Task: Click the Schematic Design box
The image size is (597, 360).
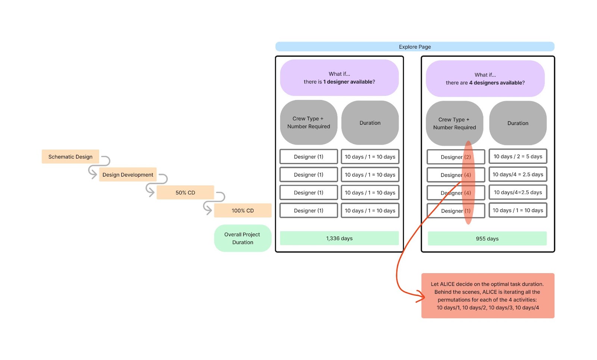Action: click(x=70, y=157)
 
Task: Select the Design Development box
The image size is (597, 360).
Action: click(x=128, y=175)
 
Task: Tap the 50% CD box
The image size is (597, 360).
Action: click(x=185, y=192)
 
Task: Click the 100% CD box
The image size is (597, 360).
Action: click(x=243, y=210)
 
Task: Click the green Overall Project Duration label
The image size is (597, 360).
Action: click(x=243, y=238)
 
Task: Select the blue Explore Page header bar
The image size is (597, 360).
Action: click(x=415, y=47)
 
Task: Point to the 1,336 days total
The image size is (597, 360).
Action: click(x=339, y=238)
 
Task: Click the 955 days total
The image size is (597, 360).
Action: click(x=487, y=239)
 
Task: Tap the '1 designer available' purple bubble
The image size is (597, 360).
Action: click(x=339, y=78)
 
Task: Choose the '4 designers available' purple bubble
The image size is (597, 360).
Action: click(x=485, y=79)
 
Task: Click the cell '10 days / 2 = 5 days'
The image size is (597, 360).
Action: click(x=518, y=157)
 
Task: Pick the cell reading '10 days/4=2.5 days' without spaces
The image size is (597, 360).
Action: click(x=518, y=192)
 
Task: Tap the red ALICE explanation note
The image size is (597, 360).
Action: click(x=487, y=295)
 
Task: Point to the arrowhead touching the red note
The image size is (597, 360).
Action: click(x=422, y=297)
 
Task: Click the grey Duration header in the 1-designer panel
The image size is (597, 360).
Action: click(x=370, y=123)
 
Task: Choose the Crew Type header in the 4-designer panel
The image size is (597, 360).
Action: click(x=454, y=123)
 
